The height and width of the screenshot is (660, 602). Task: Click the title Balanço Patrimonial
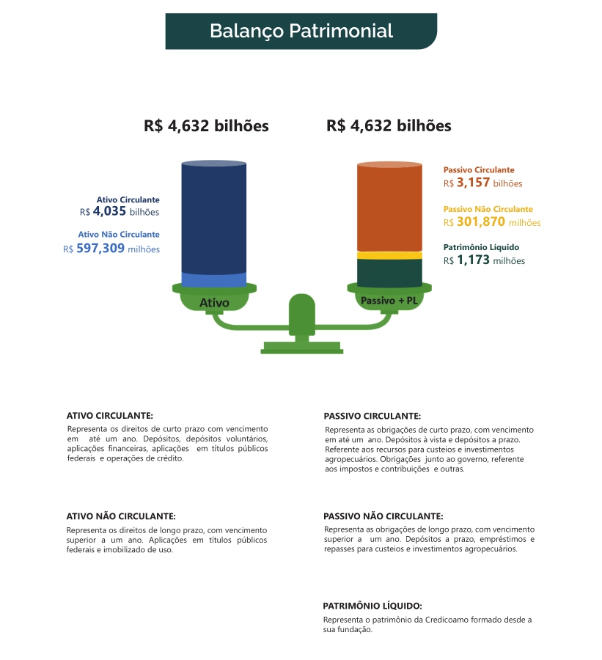tap(301, 32)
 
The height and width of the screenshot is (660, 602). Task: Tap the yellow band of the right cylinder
tap(389, 254)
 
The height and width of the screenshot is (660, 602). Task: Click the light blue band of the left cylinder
tap(214, 279)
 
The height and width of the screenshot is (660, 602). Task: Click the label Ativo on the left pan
tap(214, 302)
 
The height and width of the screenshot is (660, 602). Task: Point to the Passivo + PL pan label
tap(389, 300)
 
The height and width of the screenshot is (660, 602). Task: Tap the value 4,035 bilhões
tap(120, 212)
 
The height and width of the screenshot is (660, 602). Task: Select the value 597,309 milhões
tap(111, 249)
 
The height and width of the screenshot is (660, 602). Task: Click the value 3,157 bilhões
tap(482, 183)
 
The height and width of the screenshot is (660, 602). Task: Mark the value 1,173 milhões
tap(484, 260)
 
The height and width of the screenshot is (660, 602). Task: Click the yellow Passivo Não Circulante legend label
tap(488, 209)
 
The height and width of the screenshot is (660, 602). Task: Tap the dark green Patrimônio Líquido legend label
tap(481, 247)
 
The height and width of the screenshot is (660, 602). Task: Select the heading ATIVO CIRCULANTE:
tap(109, 415)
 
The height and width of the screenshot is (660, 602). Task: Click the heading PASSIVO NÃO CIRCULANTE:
tap(383, 516)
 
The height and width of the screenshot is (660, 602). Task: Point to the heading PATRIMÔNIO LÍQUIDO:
tap(372, 606)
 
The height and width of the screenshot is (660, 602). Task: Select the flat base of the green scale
tap(301, 348)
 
